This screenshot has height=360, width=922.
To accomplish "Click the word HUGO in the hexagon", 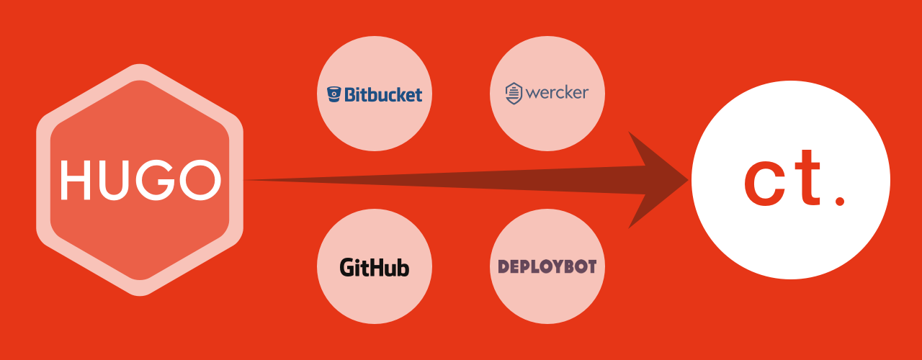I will point(140,181).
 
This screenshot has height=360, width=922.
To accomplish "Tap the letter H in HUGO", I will point(75,181).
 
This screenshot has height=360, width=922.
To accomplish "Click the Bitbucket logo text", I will point(382,94).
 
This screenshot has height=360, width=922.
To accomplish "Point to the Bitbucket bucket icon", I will point(334,94).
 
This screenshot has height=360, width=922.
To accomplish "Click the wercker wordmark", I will point(557,93).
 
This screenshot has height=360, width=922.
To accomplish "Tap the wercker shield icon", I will point(513,94).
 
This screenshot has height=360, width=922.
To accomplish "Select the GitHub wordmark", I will point(375,268).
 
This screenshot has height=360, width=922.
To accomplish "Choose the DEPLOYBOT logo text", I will point(547,266).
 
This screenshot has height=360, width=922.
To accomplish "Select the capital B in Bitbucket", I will point(351,94).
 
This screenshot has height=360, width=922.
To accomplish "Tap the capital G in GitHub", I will point(347,268).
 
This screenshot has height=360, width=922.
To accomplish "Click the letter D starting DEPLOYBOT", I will point(503,266).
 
